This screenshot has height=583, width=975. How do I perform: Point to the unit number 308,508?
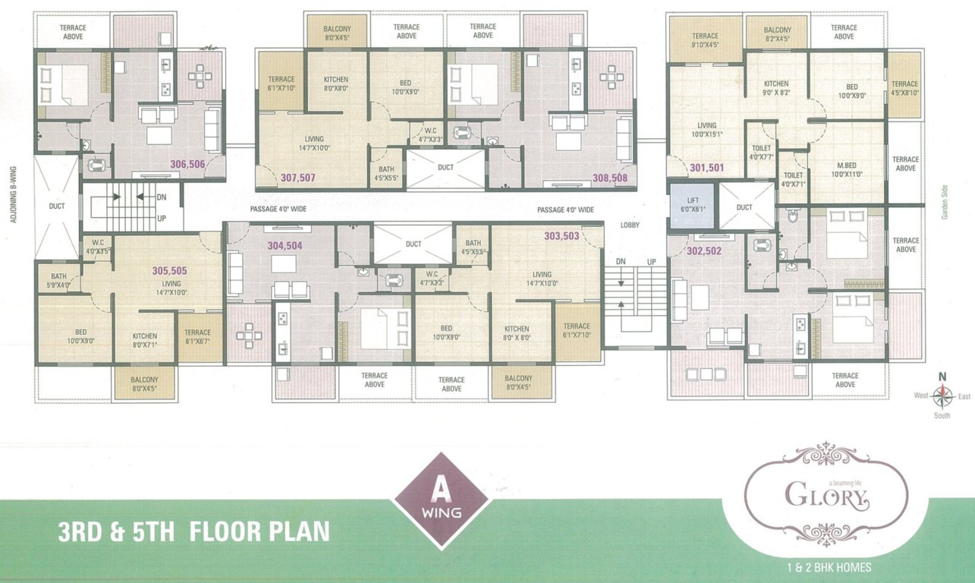(x=610, y=178)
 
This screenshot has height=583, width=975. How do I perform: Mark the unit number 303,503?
(x=561, y=236)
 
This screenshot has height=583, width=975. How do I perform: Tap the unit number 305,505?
(x=169, y=269)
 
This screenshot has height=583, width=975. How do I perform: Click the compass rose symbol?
(x=942, y=395)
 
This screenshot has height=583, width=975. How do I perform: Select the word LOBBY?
(x=630, y=225)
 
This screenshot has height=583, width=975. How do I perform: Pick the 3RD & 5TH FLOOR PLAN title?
(x=194, y=531)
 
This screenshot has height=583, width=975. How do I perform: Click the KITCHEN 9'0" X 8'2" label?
(x=776, y=88)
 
